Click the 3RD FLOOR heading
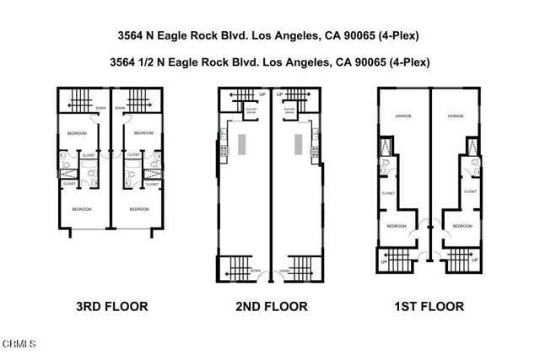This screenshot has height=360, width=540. coord(111,307)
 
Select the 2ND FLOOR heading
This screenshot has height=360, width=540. coord(271,307)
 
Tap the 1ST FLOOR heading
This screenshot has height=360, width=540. coord(429,307)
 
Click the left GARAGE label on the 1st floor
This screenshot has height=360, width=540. coord(404,116)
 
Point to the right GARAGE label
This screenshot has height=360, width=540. coord(456,116)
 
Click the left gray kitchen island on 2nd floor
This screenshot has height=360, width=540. coord(242,144)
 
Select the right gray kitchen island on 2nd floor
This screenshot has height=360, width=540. coord(299,144)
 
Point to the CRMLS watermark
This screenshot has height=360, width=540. coord(19,344)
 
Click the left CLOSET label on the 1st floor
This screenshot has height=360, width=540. coord(388,192)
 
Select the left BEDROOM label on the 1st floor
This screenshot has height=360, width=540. coord(397,226)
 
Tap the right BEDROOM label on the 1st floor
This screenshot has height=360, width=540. coord(462,226)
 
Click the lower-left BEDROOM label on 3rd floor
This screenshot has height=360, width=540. coord(81,209)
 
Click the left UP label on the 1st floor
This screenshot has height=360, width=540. coord(385,262)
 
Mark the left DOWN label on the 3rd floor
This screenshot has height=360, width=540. coord(100,108)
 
